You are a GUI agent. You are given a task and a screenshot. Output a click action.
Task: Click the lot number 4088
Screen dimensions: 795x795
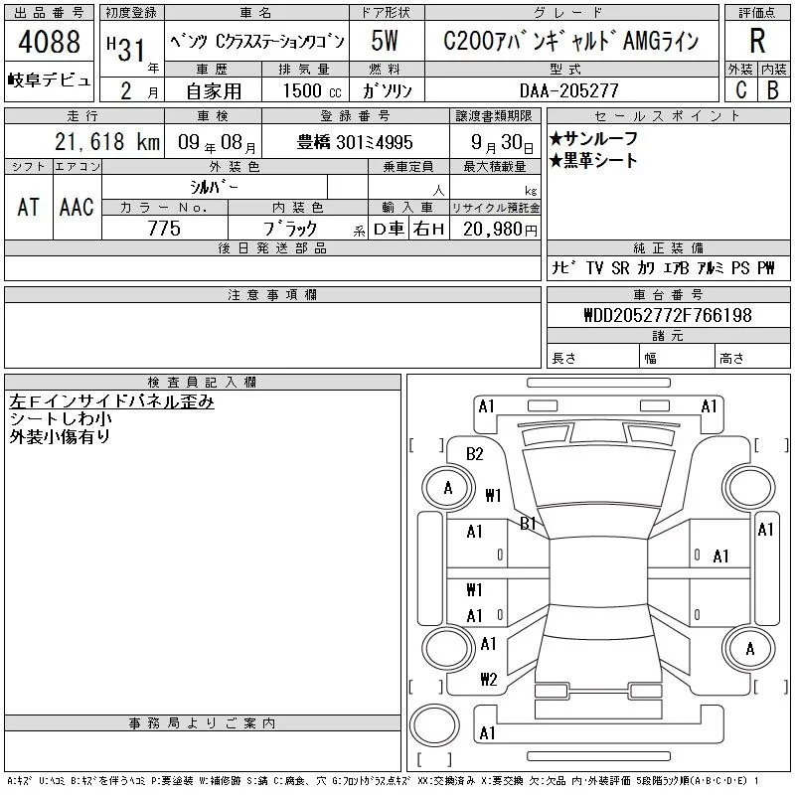pos(49,43)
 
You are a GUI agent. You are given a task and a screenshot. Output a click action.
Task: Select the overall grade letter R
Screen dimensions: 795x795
pos(756,43)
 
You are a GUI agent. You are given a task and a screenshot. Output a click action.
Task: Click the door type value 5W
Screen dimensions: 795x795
pos(386,43)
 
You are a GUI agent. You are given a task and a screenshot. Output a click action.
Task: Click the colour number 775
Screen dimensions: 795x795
pos(164,229)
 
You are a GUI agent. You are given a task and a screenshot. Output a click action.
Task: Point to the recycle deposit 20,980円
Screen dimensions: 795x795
pos(495,230)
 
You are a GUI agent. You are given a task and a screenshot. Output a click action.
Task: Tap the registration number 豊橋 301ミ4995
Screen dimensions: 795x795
pos(356,142)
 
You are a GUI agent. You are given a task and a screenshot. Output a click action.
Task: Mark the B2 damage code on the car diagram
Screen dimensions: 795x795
pos(475,454)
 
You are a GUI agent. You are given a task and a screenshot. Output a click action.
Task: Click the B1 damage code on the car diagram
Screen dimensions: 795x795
pos(529,523)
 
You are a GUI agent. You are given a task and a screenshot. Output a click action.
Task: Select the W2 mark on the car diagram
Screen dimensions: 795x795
pos(488,680)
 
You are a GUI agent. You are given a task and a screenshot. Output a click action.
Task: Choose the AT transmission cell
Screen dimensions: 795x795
pos(29,207)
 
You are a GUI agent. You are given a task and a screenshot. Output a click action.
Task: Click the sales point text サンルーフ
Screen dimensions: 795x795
pos(599,139)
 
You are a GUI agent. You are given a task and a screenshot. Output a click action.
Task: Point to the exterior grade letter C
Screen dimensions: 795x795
pos(739,89)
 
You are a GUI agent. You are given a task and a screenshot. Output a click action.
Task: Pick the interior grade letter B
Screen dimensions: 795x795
pos(772,89)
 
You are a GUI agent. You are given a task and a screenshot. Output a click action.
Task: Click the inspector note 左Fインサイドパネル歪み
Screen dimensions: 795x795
pos(111,401)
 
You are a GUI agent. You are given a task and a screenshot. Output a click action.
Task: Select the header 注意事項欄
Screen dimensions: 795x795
pos(272,294)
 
